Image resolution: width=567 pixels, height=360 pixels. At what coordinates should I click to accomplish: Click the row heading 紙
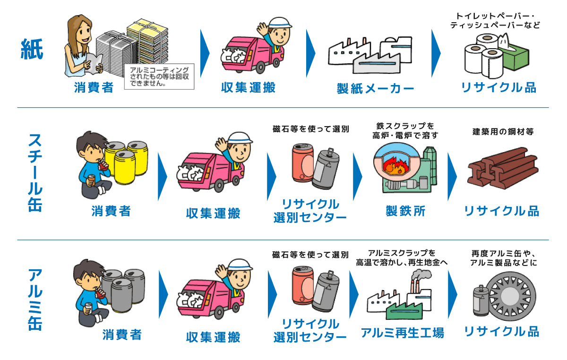pos(32,49)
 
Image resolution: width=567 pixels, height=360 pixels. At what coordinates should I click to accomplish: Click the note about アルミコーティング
pos(159,77)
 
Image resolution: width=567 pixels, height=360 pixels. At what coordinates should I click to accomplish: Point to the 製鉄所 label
pos(405,211)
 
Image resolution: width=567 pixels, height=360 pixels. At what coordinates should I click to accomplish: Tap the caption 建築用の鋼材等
pos(503,132)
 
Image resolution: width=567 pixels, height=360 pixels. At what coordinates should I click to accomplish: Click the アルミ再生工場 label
pos(402,333)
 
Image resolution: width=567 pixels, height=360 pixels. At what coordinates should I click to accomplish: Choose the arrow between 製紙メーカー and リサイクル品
pos(436,53)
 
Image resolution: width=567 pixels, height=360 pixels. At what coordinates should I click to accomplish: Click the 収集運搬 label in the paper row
pos(248,87)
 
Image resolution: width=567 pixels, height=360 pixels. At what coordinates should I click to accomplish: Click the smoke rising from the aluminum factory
pos(419,274)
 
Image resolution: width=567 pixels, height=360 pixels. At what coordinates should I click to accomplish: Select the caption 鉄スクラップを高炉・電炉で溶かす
pos(405,130)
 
